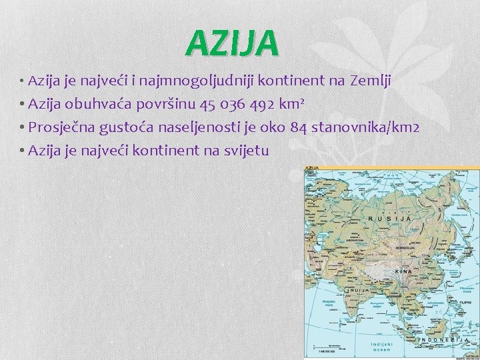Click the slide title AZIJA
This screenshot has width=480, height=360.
click(232, 43)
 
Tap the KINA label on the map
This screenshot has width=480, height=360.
click(404, 272)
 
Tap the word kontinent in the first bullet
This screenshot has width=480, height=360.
click(291, 81)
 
